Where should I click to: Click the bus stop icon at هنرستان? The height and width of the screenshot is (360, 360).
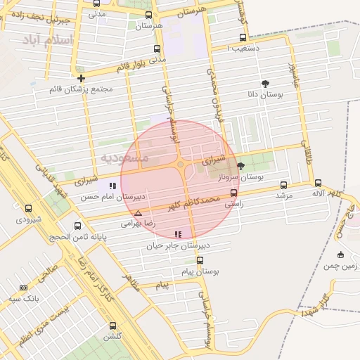click(x=148, y=15)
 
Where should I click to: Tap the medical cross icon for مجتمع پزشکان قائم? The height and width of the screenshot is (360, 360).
click(x=82, y=78)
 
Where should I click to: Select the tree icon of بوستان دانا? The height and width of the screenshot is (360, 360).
click(x=264, y=82)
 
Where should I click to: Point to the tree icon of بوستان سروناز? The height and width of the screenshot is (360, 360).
click(x=241, y=166)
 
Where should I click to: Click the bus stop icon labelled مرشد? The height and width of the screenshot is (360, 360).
click(x=283, y=185)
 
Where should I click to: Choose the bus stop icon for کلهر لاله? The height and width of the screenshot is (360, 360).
click(x=318, y=183)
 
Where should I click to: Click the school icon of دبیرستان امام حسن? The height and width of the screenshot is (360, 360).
click(x=112, y=186)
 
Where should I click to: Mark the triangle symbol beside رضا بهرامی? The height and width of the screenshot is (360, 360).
click(x=138, y=212)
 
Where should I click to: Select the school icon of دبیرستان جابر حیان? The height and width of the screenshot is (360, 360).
click(x=178, y=234)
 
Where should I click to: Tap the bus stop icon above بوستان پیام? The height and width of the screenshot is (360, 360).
click(x=200, y=260)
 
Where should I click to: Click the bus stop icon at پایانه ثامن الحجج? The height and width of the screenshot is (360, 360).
click(x=77, y=226)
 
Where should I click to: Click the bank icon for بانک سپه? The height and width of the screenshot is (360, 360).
click(x=23, y=288)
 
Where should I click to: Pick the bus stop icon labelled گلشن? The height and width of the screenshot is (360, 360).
click(x=112, y=325)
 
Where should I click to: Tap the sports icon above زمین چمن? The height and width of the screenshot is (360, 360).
click(x=340, y=254)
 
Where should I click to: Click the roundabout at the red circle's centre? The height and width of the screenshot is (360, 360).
click(x=181, y=165)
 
